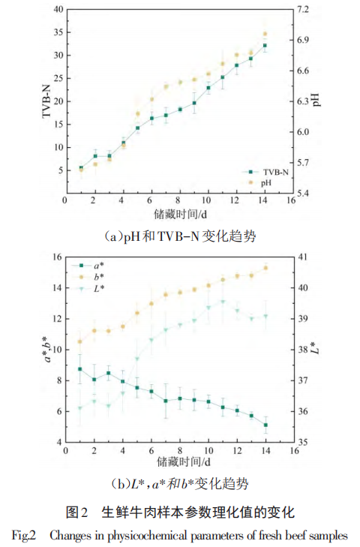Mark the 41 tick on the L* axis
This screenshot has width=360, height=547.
[x=298, y=257]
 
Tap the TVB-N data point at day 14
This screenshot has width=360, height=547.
[x=265, y=46]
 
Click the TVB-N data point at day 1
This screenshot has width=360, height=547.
[x=80, y=168]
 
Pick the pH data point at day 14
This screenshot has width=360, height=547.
[x=265, y=34]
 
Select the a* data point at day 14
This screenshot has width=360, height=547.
[x=265, y=425]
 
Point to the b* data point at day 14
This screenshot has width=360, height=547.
[x=265, y=268]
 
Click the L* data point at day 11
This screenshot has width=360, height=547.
[x=222, y=302]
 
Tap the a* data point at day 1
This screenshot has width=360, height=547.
[x=80, y=369]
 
